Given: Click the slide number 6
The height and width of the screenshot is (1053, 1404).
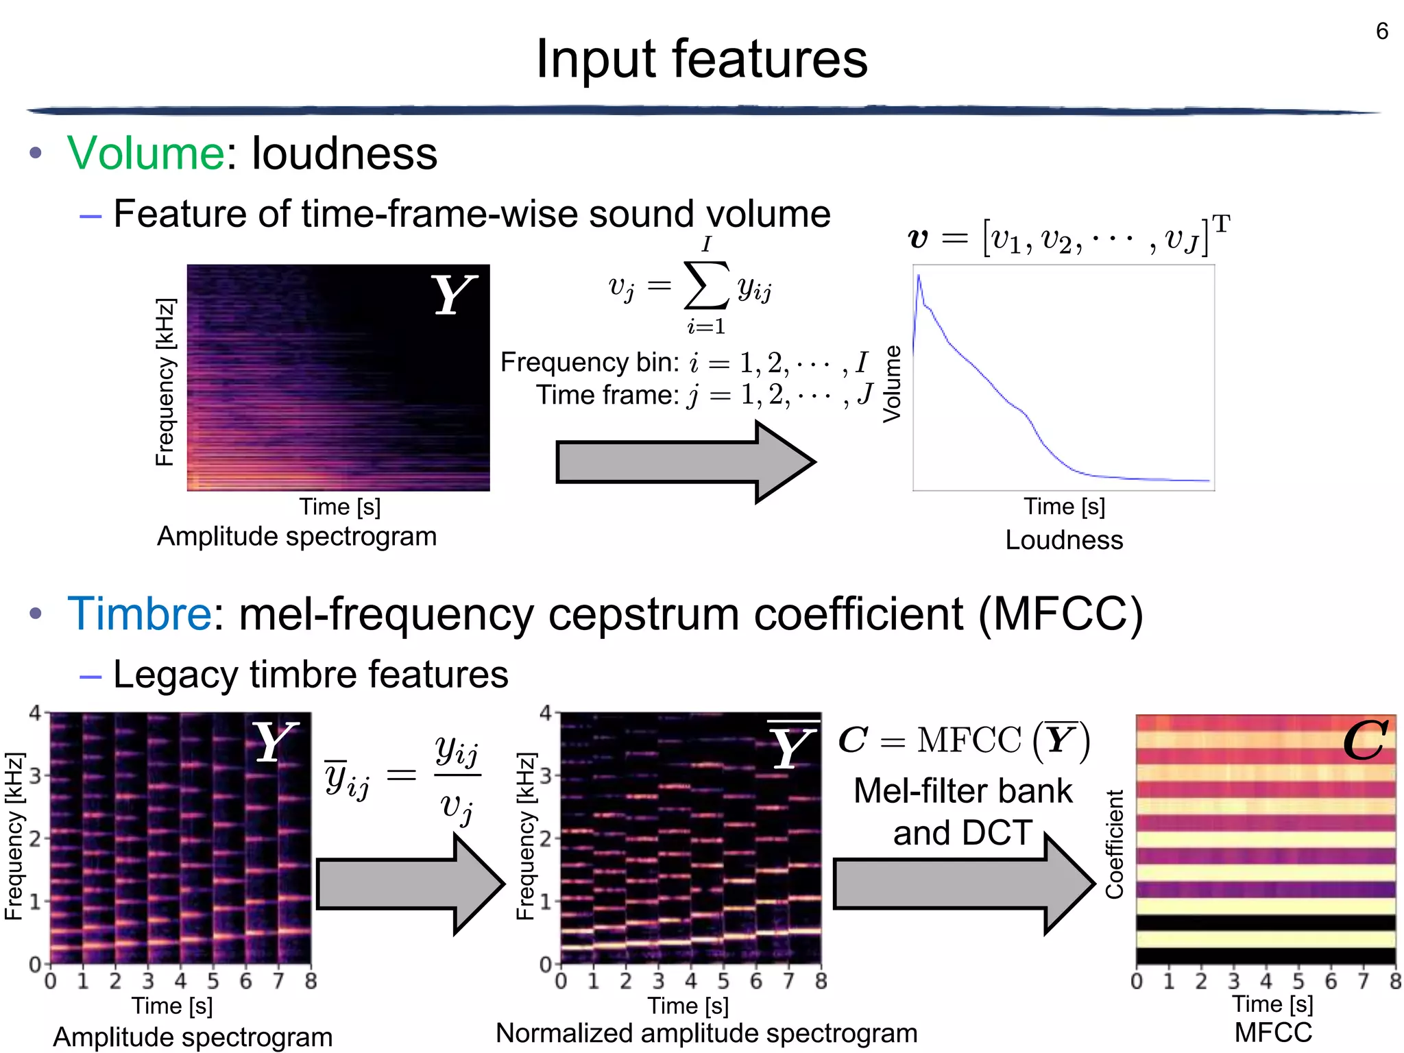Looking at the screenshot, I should [1381, 32].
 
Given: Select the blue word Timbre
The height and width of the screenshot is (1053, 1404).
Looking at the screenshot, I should [140, 613].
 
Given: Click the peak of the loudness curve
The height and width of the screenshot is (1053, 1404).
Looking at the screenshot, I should [919, 276].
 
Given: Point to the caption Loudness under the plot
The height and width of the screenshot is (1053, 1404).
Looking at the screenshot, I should [1064, 540].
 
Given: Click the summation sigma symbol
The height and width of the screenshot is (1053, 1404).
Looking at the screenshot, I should [706, 285].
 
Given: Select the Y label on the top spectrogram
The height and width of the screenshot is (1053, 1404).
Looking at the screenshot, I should [452, 295].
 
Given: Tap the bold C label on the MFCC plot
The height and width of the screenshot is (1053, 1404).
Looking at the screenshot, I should [1365, 741].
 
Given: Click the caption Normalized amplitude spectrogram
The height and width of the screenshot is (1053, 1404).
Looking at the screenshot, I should [706, 1033].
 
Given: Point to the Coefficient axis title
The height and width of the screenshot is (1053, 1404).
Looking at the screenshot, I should [1115, 844].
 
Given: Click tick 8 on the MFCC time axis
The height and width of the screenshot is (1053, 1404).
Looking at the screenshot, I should [1395, 981].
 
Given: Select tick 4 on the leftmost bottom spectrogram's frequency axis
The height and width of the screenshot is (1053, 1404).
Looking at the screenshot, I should [35, 713].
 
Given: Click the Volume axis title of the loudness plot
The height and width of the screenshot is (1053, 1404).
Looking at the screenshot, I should [891, 384].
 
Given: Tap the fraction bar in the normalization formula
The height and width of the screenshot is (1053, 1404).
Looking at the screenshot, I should [457, 775].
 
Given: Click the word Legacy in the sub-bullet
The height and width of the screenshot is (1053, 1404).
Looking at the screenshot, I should [175, 675].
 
